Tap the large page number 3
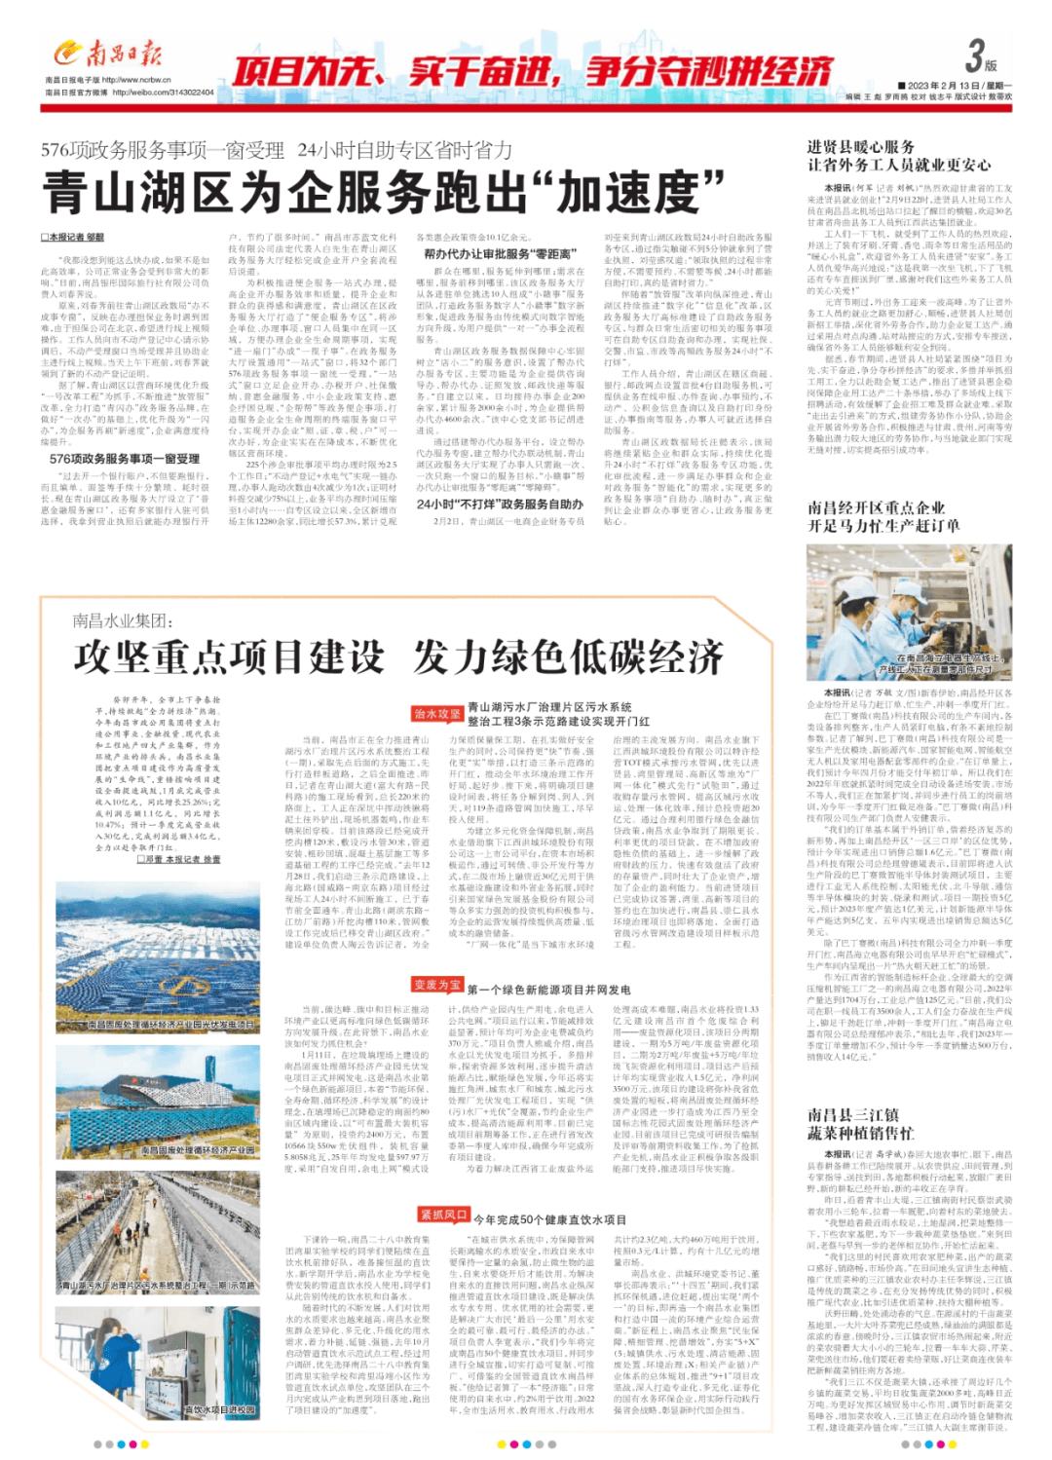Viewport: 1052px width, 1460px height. tap(975, 56)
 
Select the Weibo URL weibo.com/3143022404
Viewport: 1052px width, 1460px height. tap(163, 93)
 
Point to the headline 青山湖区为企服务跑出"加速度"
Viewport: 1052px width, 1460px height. tap(384, 192)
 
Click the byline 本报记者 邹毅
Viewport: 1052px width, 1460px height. tap(73, 237)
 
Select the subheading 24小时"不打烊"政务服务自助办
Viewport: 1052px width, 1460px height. tap(500, 505)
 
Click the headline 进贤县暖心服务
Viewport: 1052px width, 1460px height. tap(860, 147)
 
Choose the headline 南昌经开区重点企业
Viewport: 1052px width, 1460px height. tap(876, 507)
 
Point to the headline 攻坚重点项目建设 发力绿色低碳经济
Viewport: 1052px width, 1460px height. tap(398, 657)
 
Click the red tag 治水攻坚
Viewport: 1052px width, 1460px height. tap(437, 714)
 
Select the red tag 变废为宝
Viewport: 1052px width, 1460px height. tap(437, 985)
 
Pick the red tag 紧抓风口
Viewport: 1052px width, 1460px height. tap(443, 1215)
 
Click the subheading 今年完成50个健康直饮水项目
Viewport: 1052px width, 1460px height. tap(549, 1219)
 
